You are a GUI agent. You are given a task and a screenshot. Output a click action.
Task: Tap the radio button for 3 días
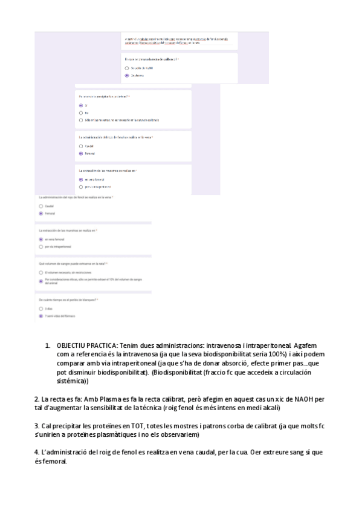point(40,309)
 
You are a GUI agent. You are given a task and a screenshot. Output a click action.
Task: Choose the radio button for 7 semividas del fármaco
point(40,316)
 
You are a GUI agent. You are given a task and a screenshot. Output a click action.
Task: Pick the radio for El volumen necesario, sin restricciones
point(40,273)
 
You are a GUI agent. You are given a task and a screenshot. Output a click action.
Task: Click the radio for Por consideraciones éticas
point(40,279)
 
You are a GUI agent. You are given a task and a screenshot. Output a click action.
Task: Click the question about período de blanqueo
point(68,300)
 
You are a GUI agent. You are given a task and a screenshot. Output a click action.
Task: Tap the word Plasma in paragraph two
point(97,399)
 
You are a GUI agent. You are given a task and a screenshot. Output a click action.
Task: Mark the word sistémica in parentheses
point(71,382)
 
